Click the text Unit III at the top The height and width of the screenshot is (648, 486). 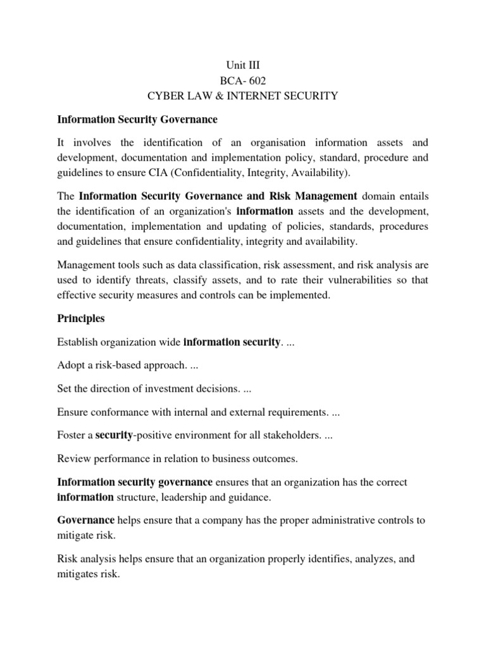243,65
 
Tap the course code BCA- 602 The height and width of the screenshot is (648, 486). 243,81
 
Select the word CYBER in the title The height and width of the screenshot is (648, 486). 166,96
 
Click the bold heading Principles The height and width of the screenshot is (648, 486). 81,318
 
